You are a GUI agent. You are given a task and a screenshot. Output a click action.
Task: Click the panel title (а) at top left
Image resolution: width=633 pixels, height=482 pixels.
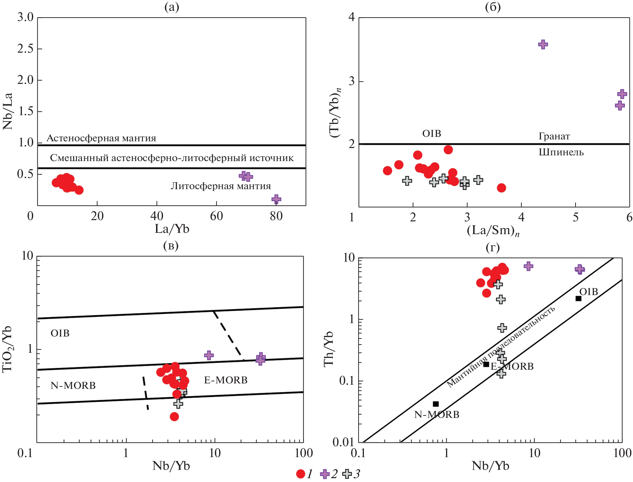(x=172, y=7)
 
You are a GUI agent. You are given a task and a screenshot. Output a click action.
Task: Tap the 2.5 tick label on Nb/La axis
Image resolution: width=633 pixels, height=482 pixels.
(x=25, y=49)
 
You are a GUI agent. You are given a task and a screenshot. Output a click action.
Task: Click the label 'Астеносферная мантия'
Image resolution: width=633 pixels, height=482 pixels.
(x=101, y=138)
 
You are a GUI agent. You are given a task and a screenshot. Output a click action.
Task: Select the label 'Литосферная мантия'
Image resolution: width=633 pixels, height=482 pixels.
(x=221, y=186)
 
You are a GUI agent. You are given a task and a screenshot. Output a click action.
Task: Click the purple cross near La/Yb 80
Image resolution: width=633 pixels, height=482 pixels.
(x=276, y=199)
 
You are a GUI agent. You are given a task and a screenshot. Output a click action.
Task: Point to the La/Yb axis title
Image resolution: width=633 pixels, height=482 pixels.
(x=172, y=229)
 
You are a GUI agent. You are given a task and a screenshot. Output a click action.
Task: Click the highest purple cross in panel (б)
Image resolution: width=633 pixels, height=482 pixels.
(x=543, y=44)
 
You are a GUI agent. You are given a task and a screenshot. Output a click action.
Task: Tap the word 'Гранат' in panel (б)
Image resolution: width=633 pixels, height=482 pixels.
(x=554, y=136)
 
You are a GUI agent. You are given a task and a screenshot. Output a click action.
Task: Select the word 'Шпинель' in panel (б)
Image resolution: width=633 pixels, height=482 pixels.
(x=561, y=152)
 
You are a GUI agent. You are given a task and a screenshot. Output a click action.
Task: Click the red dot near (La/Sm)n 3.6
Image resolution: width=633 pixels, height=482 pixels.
(x=502, y=188)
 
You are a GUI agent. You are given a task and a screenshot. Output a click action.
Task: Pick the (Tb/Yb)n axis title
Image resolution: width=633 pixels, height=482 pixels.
(x=335, y=113)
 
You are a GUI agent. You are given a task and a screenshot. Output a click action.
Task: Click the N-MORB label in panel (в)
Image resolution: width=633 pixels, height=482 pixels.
(x=73, y=386)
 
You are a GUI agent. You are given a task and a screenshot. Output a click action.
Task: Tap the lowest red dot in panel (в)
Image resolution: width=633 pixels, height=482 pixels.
(x=174, y=417)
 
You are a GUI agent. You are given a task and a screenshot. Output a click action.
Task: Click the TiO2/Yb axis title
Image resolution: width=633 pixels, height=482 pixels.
(x=7, y=349)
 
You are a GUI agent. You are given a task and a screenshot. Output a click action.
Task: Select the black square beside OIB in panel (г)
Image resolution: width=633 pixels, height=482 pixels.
(x=578, y=299)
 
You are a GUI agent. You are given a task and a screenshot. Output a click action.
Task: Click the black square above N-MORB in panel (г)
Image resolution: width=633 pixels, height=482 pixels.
(x=436, y=404)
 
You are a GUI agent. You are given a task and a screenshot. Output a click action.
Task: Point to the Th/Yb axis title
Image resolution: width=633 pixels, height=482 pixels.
(x=329, y=349)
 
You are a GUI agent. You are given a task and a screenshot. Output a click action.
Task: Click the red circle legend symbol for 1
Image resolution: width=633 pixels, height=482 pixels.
(x=301, y=474)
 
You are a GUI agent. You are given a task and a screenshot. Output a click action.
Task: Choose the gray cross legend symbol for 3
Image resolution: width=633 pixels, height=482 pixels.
(x=347, y=474)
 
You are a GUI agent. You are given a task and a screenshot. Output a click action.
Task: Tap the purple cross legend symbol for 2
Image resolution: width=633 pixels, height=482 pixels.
(x=325, y=474)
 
